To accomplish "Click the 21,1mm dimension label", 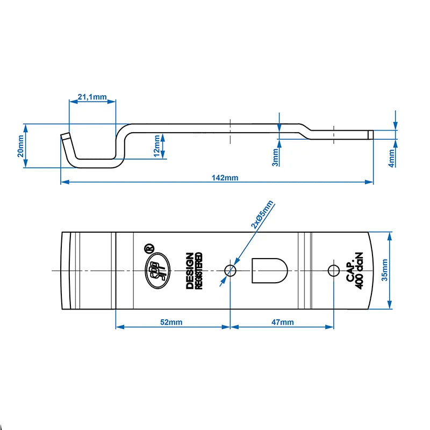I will click(x=92, y=97).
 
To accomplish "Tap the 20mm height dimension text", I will click(x=20, y=146).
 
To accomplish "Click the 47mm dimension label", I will click(x=282, y=322).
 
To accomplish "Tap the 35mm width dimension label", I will click(x=385, y=270).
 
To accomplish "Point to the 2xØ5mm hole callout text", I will click(x=262, y=214).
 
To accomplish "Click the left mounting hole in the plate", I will click(x=230, y=270).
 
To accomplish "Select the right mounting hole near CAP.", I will click(x=333, y=270).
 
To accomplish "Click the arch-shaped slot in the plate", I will click(x=270, y=270).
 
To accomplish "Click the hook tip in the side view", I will click(x=65, y=136).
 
